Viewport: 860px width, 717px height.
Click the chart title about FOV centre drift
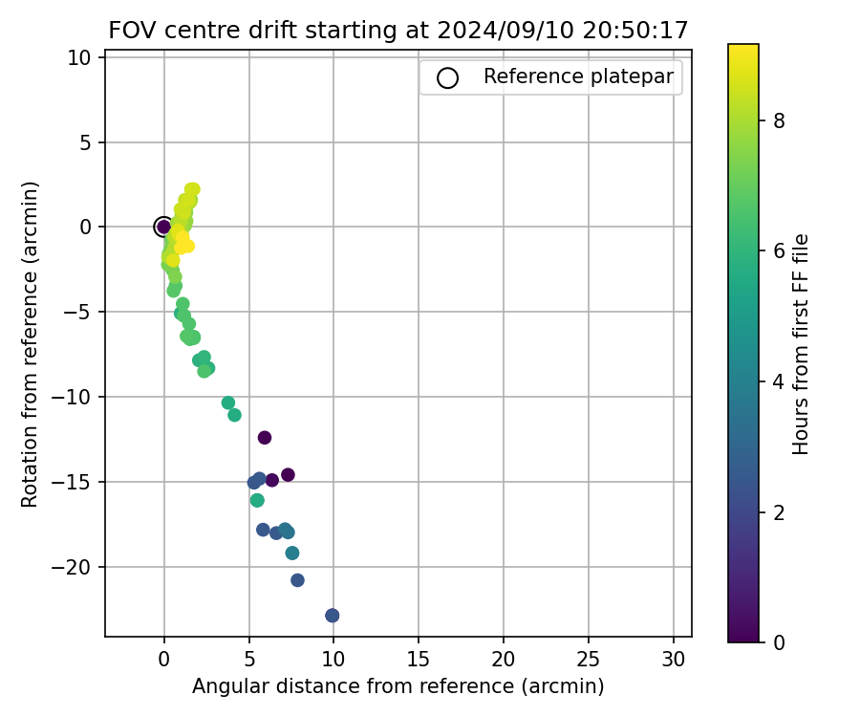point(398,30)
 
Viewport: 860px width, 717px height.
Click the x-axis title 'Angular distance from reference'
point(398,686)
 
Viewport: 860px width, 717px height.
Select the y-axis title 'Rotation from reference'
point(31,344)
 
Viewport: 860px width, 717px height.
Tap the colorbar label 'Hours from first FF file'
point(801,344)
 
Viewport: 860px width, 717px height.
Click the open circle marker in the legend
point(447,77)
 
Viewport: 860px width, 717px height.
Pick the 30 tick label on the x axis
point(674,659)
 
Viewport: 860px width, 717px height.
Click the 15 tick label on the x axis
point(419,659)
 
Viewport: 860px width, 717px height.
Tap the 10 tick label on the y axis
point(80,57)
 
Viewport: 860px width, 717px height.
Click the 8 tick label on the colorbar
point(780,120)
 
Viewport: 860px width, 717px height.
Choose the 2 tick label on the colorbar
point(780,511)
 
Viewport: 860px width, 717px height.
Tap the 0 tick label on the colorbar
point(780,641)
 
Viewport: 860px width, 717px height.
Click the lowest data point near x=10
point(332,615)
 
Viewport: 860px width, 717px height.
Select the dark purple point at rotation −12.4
point(265,438)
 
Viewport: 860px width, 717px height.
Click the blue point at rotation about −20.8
point(297,580)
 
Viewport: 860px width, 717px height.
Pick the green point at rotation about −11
point(234,415)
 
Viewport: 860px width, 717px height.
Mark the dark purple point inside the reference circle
point(163,227)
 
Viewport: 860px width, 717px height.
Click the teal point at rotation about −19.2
point(292,553)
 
